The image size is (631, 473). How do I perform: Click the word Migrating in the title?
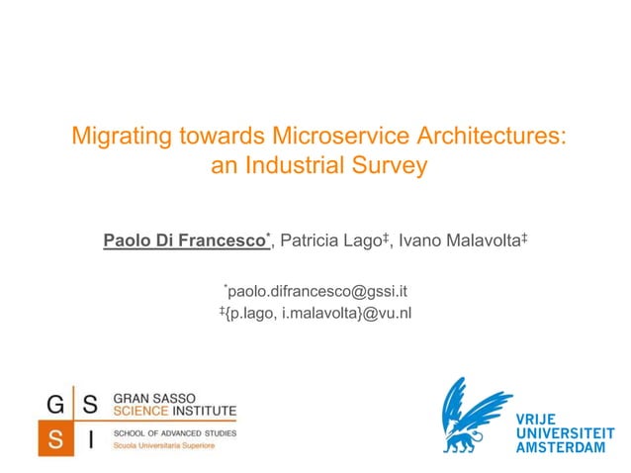point(117,137)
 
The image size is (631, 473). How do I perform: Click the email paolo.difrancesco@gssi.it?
point(317,291)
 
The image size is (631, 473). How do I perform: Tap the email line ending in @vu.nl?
point(315,314)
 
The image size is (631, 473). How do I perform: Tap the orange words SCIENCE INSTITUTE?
point(175,410)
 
